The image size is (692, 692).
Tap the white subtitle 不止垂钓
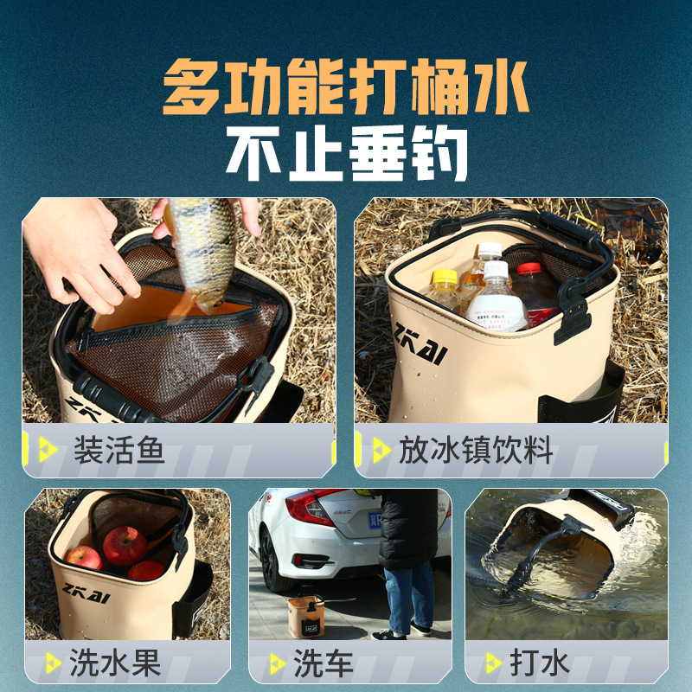pos(346,155)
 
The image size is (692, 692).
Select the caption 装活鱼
pos(119,451)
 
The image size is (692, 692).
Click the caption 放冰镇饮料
pos(475,451)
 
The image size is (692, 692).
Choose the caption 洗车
pos(324,663)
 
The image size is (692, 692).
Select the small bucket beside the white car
pos(305,615)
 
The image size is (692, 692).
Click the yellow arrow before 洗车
pos(277,663)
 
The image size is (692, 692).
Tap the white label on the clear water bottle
pos(497,312)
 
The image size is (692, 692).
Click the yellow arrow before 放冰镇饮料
pos(381,450)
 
